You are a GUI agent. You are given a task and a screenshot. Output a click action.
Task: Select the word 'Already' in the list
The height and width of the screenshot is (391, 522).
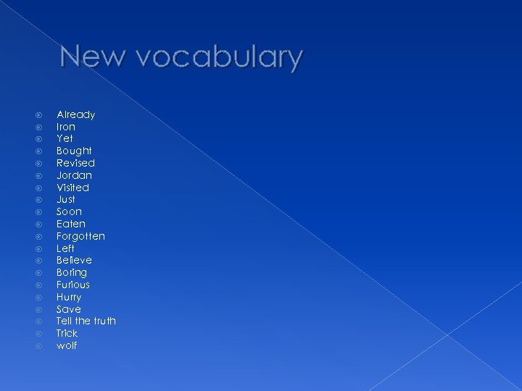click(76, 114)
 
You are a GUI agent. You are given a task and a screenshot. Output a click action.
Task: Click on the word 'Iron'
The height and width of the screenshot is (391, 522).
click(66, 127)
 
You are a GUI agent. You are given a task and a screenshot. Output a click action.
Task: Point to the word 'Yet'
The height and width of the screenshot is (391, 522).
click(65, 138)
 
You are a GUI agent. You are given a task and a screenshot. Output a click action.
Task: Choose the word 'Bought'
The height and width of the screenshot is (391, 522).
click(74, 151)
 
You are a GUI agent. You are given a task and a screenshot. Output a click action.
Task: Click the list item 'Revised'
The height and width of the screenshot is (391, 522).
click(75, 163)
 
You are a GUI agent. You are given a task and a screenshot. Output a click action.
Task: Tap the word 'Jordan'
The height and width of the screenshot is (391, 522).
click(74, 175)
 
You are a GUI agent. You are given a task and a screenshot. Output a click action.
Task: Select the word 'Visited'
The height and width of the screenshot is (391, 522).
click(72, 188)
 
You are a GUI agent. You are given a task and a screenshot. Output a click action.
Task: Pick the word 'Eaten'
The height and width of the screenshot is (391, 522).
click(71, 224)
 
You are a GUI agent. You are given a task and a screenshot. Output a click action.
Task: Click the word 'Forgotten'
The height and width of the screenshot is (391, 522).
click(80, 236)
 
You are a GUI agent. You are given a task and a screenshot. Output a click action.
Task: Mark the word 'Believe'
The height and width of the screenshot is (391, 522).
click(74, 260)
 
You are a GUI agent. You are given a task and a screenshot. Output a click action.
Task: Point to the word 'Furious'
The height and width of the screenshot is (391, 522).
click(73, 285)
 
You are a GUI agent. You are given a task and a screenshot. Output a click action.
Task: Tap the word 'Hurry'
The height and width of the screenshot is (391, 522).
click(69, 297)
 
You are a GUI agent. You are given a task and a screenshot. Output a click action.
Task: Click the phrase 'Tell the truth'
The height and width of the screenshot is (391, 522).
click(86, 321)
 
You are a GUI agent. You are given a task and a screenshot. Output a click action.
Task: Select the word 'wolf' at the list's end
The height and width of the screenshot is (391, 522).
click(67, 345)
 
